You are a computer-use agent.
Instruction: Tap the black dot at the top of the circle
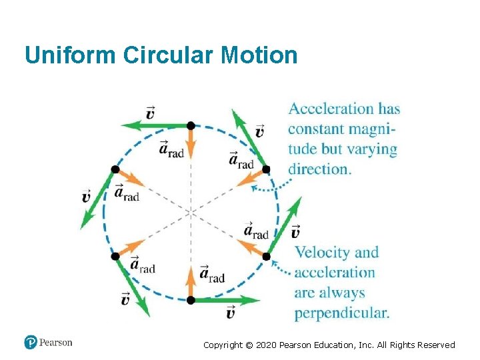pos(191,125)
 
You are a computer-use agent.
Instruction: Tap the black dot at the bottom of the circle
pos(191,300)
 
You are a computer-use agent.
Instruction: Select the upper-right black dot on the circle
pos(266,169)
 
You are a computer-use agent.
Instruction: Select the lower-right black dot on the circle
pos(266,256)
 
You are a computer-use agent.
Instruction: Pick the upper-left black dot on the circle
pos(115,169)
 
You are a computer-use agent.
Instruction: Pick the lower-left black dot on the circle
pos(115,256)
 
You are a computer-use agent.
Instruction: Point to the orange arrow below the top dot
pos(191,141)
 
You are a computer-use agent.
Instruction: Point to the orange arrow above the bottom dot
pos(191,283)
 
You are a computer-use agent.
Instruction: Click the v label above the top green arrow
pos(150,112)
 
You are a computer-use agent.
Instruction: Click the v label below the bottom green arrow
pos(230,313)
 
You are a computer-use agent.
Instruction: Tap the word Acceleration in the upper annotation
pos(331,109)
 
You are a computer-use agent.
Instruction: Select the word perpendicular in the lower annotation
pos(342,313)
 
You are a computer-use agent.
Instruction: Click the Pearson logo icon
pos(31,343)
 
